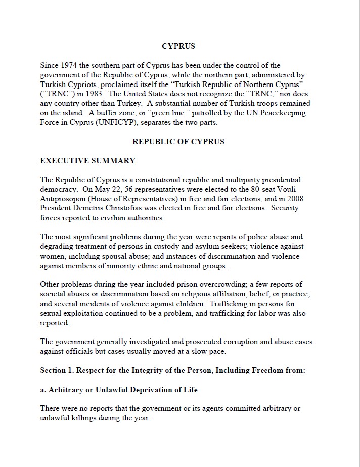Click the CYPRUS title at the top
[x=178, y=46]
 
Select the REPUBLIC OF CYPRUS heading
[x=178, y=142]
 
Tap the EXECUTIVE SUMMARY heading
[x=87, y=161]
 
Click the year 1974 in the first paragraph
[x=69, y=65]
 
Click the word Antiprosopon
[x=63, y=199]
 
